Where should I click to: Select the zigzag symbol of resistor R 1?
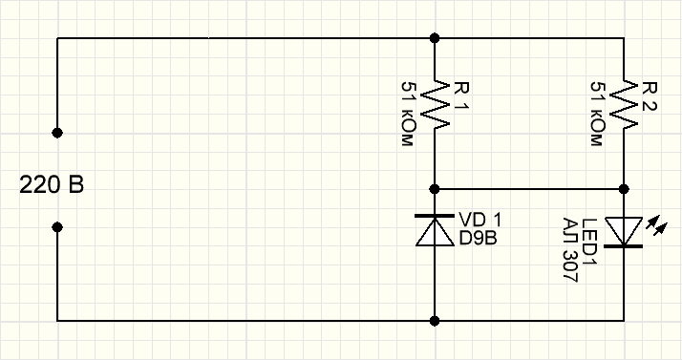pyautogui.click(x=436, y=105)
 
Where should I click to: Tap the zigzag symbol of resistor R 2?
pyautogui.click(x=624, y=105)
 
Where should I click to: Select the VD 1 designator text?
pyautogui.click(x=480, y=218)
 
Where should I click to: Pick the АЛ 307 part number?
pyautogui.click(x=569, y=249)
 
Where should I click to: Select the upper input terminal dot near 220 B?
pyautogui.click(x=57, y=131)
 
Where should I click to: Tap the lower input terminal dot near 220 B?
pyautogui.click(x=57, y=227)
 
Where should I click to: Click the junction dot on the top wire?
pyautogui.click(x=436, y=38)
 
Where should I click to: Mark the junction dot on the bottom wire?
pyautogui.click(x=436, y=321)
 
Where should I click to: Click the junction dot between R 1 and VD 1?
pyautogui.click(x=436, y=189)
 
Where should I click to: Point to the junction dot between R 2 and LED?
pyautogui.click(x=624, y=189)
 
